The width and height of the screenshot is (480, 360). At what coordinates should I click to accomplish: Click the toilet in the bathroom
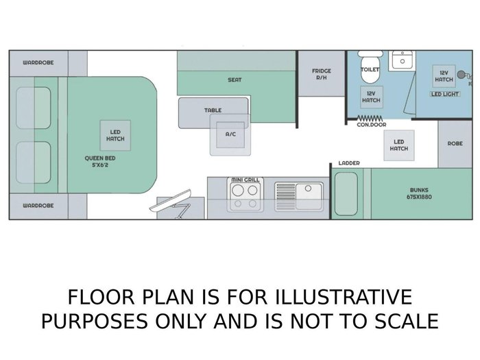click(370, 67)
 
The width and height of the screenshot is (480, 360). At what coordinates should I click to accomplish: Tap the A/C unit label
click(230, 134)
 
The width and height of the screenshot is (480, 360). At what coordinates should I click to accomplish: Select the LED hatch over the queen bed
click(115, 135)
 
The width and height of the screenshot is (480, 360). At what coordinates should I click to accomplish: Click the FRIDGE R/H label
click(322, 74)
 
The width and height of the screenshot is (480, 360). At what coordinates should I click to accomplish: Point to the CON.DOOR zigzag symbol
click(370, 118)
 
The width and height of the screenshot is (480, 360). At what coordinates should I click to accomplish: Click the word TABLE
click(213, 110)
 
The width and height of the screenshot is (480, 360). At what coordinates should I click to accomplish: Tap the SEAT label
click(235, 80)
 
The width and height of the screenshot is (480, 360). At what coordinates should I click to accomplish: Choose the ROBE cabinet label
click(455, 143)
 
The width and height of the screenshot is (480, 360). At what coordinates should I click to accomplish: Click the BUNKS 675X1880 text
click(419, 193)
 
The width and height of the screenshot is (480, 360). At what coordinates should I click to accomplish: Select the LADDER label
click(349, 163)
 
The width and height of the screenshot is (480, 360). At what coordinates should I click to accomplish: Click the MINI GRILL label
click(245, 180)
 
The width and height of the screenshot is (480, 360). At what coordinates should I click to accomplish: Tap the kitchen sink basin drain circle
click(309, 189)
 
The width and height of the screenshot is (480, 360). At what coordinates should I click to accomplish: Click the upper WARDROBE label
click(38, 62)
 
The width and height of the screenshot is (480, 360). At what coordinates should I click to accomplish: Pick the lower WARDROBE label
click(38, 206)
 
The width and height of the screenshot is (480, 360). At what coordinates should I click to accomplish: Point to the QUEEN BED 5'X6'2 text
click(100, 162)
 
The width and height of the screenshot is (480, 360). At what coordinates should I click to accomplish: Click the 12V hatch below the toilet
click(371, 97)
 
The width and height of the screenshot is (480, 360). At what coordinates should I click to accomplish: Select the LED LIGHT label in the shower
click(445, 94)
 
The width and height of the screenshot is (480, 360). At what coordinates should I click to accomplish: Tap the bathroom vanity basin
click(403, 60)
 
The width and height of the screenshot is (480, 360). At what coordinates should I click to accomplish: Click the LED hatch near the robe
click(399, 145)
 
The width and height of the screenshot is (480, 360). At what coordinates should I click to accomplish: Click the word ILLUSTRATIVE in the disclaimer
click(343, 297)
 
